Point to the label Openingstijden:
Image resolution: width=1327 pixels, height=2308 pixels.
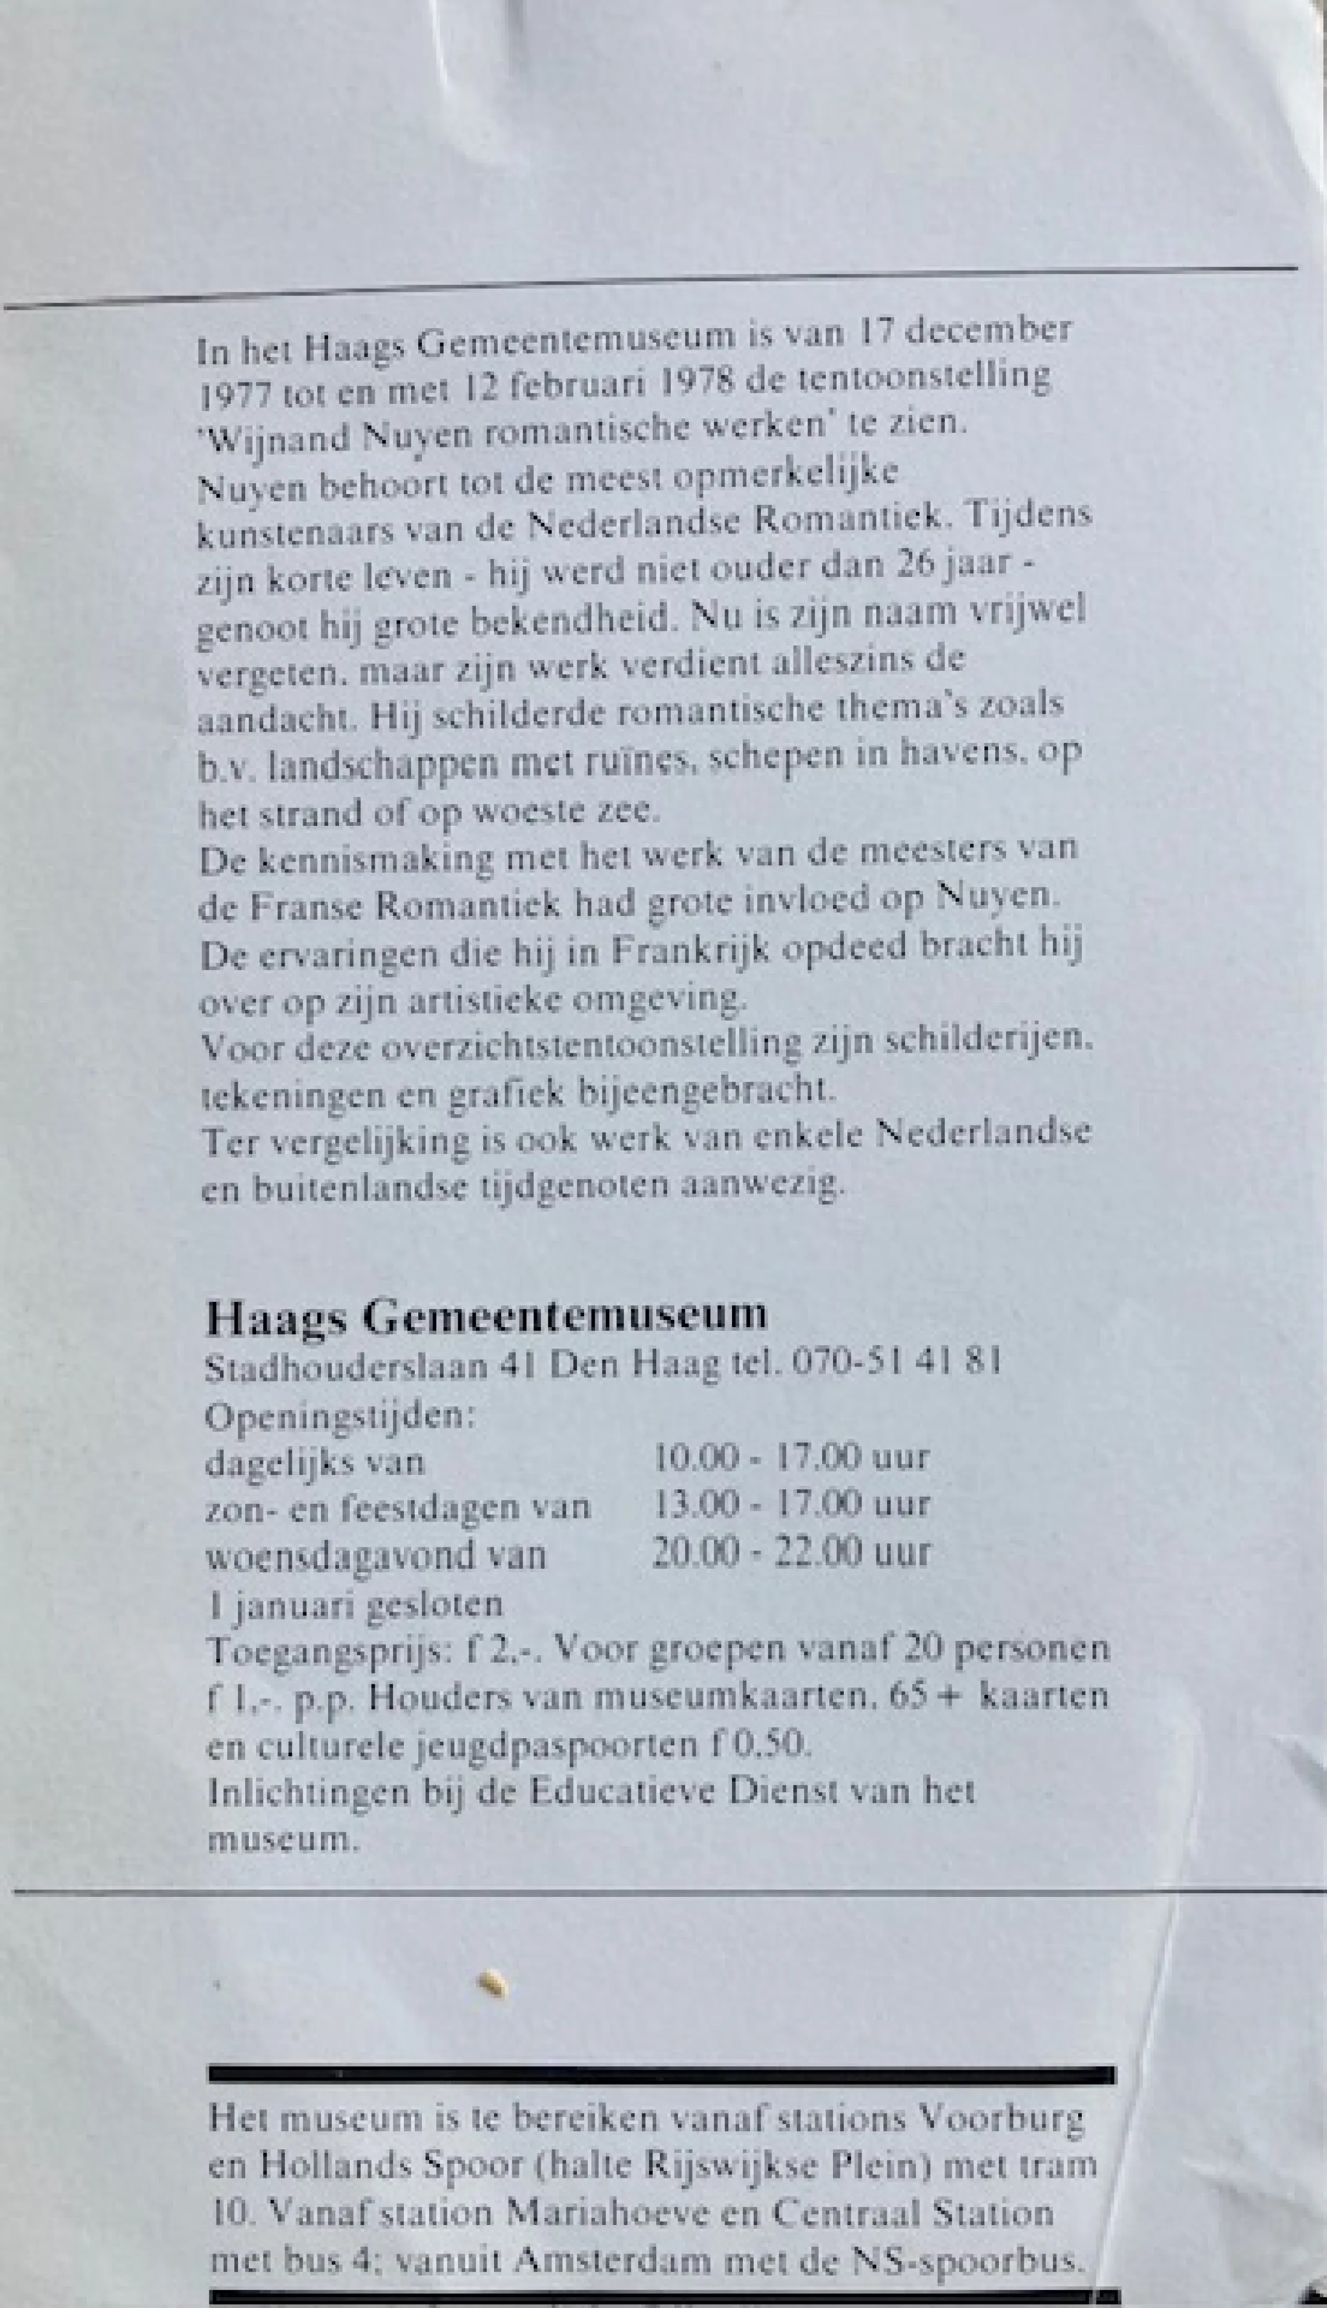click(x=340, y=1416)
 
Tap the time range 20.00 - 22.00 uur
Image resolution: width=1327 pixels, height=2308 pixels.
click(x=790, y=1552)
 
